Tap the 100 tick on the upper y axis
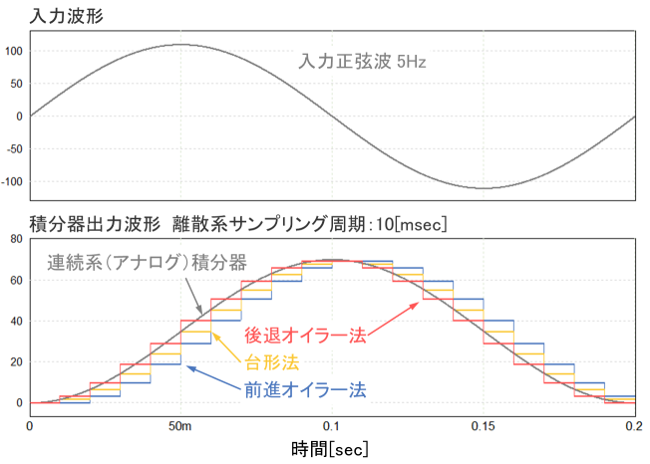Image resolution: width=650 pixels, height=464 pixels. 14,52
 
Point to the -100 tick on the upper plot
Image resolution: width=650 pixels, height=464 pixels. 12,182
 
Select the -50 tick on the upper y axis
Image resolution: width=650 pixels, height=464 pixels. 15,149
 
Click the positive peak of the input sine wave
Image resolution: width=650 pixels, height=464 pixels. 180,45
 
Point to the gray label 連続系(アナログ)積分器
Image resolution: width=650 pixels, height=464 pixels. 146,265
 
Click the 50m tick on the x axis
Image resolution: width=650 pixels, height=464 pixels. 180,425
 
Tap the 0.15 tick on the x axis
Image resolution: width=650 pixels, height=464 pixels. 484,425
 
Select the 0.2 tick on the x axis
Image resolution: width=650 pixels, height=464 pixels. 633,425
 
